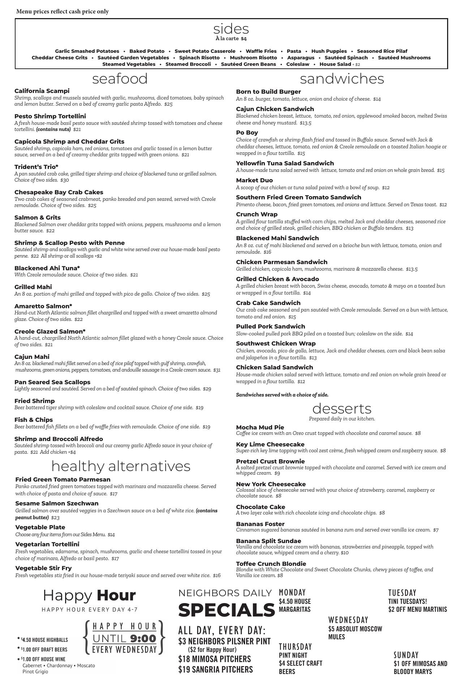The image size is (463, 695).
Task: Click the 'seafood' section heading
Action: click(x=120, y=79)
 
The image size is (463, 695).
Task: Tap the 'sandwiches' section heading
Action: click(x=342, y=79)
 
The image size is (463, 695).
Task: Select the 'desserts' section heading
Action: click(x=342, y=409)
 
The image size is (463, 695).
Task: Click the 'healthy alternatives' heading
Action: click(x=121, y=466)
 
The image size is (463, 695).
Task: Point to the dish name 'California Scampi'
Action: click(x=42, y=91)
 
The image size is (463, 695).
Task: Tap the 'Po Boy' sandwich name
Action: click(x=247, y=133)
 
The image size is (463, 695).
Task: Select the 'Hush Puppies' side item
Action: click(x=329, y=51)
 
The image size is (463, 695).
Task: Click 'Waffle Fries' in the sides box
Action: click(x=261, y=51)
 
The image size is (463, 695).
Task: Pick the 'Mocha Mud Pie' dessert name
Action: click(x=260, y=427)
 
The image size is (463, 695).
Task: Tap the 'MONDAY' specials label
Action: click(x=292, y=593)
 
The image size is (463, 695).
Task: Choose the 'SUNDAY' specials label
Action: click(x=406, y=655)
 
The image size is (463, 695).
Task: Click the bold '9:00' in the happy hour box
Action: click(x=143, y=639)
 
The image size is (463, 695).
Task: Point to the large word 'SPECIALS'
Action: click(x=227, y=610)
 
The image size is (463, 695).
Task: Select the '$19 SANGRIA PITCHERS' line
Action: click(x=215, y=670)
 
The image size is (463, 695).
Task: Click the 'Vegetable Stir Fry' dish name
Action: click(x=43, y=568)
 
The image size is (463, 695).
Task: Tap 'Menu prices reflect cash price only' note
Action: click(x=63, y=12)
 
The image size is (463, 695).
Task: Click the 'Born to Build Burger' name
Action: click(x=268, y=92)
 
